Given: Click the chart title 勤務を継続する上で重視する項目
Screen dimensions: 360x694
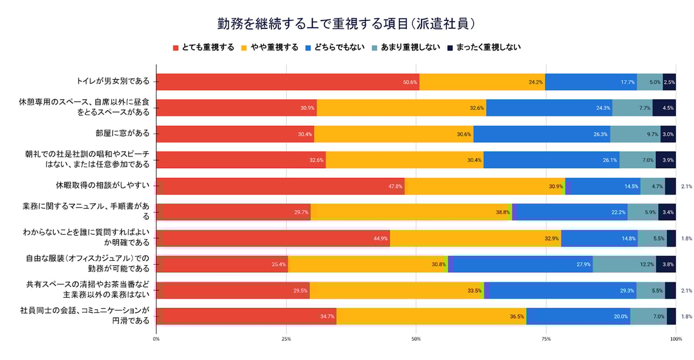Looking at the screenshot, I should point(346,24).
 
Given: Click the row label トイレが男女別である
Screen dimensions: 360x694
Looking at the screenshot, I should point(113,82).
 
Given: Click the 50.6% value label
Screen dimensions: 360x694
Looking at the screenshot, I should point(410,82).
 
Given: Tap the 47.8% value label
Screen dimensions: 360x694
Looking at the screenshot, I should point(395,186).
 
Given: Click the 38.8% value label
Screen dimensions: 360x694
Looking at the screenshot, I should point(503,212).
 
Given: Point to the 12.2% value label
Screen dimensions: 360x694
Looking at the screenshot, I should point(646,264).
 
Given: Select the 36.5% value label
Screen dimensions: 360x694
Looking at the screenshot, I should point(517,316).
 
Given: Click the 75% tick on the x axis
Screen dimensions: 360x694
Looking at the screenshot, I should point(546,339).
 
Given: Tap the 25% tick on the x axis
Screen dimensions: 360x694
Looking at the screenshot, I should point(286,339).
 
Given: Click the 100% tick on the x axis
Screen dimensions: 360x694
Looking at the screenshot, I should point(675,339).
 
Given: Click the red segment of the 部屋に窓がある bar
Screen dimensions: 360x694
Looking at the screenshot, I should point(235,134).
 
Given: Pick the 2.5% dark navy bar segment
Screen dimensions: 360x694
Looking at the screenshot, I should point(669,82).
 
